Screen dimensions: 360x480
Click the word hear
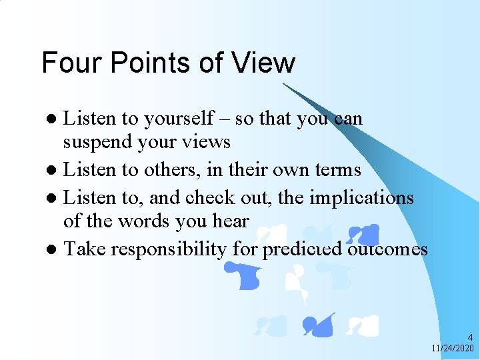[x=229, y=221]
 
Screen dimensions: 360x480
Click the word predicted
[x=302, y=250]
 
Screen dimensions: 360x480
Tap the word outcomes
[x=387, y=249]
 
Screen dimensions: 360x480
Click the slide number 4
[x=470, y=338]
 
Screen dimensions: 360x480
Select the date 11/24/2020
[x=453, y=349]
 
